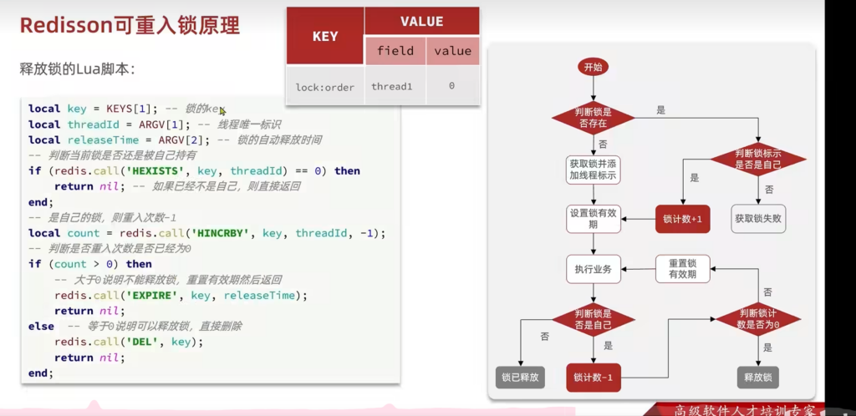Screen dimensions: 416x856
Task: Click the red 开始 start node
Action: pos(593,67)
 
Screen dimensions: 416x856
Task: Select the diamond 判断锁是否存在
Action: pos(593,118)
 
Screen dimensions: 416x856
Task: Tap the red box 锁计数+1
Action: pos(682,219)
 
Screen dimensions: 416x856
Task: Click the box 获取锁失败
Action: pos(758,219)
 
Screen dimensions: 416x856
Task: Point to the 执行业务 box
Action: pos(593,269)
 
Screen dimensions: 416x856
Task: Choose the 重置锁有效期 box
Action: pos(682,269)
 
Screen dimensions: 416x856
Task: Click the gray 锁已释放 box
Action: pos(521,378)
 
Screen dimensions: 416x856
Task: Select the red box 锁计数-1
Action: pos(593,378)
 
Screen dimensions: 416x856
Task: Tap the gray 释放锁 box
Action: pos(758,378)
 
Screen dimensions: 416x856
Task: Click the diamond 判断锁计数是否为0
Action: pos(758,318)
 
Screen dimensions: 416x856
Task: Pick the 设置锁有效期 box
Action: pos(593,219)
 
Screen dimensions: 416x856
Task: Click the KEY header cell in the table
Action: pos(324,37)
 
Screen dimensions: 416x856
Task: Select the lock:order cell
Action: pos(324,86)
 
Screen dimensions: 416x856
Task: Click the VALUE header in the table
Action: pos(421,22)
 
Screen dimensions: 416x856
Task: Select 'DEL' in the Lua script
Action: pos(152,342)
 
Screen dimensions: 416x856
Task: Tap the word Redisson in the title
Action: pos(66,26)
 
